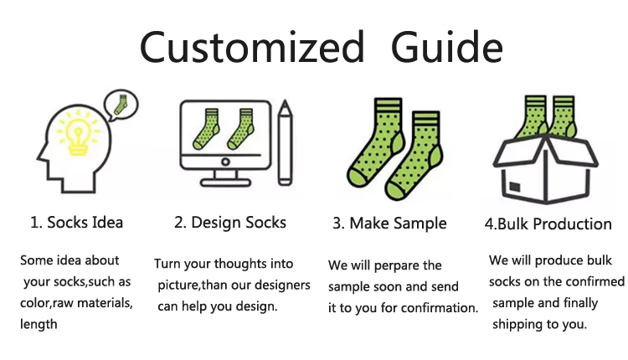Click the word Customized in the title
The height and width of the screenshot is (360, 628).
[252, 47]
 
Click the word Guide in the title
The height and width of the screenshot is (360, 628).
[446, 47]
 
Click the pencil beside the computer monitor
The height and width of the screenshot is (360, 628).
[285, 142]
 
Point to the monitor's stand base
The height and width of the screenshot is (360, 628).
[225, 183]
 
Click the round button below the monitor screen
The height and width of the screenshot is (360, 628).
[225, 162]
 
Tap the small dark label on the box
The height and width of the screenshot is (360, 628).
[515, 187]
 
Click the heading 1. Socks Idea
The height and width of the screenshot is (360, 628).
[76, 222]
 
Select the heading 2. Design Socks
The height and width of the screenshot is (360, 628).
[230, 222]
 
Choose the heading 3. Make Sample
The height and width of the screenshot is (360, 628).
[389, 223]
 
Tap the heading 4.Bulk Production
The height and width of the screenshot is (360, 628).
[548, 224]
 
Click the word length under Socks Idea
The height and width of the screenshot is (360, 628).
[39, 324]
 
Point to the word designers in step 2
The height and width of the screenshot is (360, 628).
[282, 285]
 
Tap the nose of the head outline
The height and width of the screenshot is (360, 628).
[39, 157]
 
